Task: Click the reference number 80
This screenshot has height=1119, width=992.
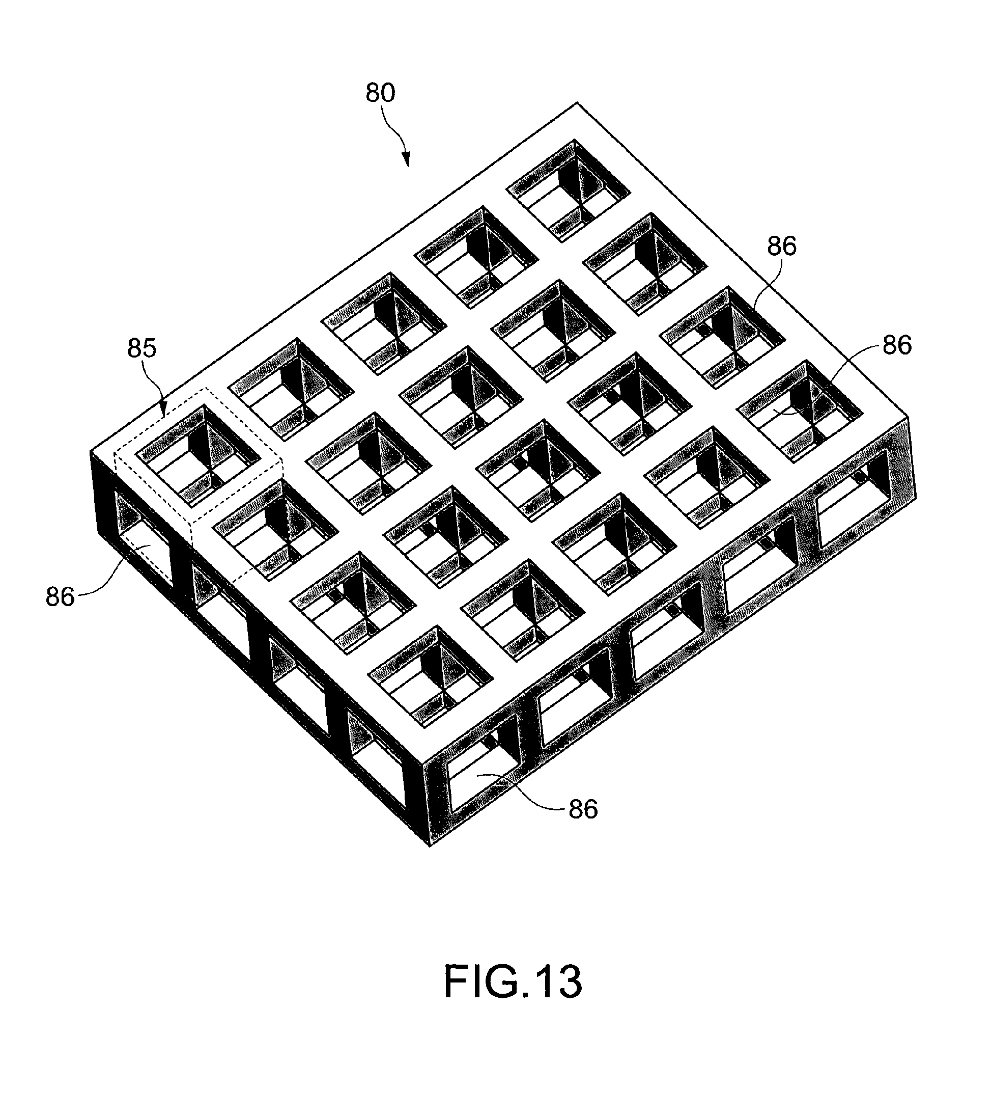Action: [380, 93]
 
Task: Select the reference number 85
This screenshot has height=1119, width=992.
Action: [141, 348]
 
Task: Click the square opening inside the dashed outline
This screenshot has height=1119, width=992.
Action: [198, 455]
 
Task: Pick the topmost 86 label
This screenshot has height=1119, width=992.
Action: [781, 247]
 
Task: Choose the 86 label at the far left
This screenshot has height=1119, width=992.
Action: [60, 597]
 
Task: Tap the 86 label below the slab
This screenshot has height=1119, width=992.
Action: [583, 810]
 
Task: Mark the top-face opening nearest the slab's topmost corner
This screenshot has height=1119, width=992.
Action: [568, 190]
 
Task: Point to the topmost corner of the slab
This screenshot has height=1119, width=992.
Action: [577, 103]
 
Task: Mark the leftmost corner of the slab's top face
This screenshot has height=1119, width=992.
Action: [90, 451]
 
